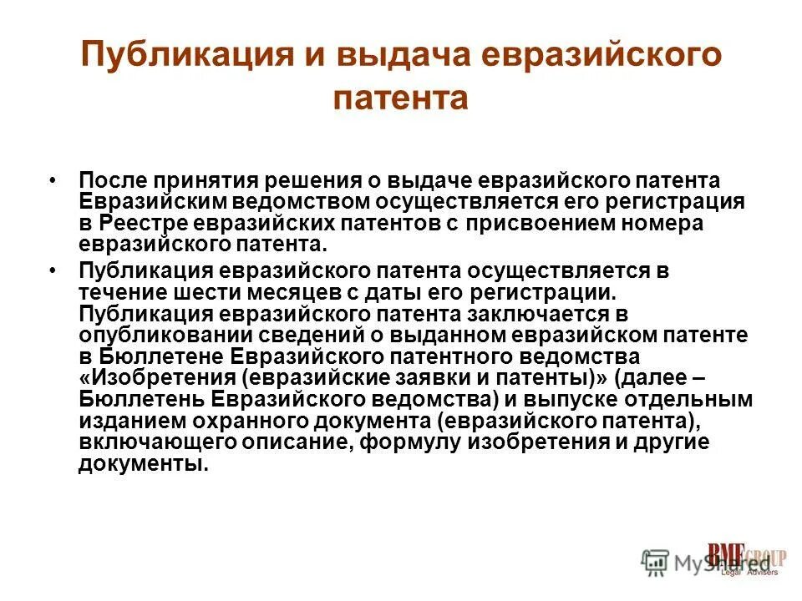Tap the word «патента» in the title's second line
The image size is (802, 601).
(401, 98)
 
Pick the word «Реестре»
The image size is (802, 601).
(145, 224)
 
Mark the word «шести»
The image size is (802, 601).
(200, 293)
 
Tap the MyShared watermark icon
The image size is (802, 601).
(655, 562)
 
